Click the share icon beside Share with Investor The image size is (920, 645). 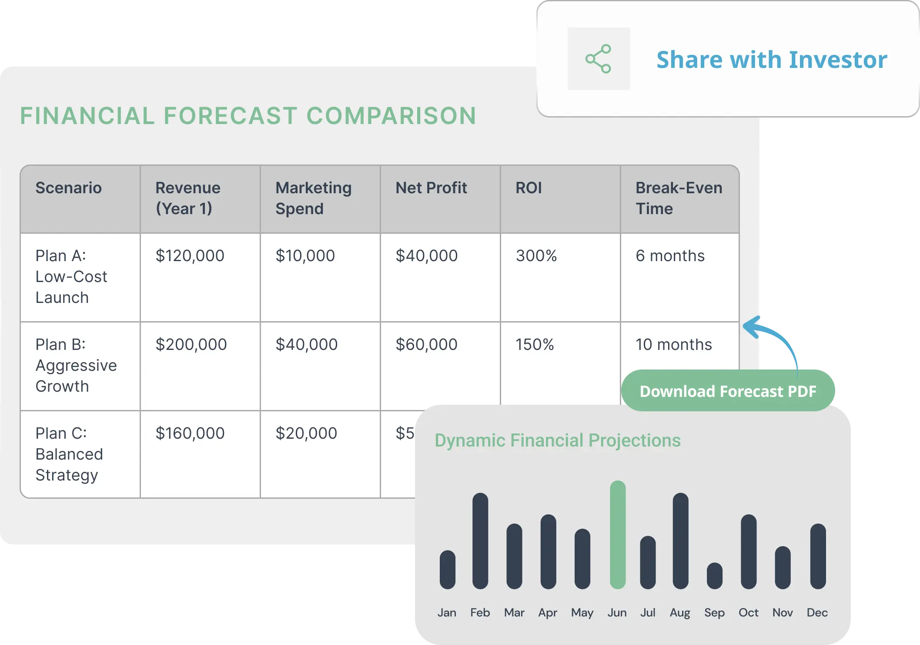click(599, 59)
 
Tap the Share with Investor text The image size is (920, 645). click(772, 60)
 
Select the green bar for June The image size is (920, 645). click(618, 534)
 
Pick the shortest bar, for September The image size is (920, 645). click(715, 576)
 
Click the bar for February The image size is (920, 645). click(480, 541)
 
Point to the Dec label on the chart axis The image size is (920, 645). click(817, 612)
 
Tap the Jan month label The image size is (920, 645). click(447, 612)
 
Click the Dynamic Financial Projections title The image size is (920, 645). click(558, 440)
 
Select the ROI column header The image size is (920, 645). click(529, 188)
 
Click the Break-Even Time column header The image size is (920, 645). click(679, 198)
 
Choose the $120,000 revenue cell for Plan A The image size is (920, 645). click(190, 255)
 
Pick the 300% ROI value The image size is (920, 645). click(536, 255)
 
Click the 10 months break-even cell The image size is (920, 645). click(674, 344)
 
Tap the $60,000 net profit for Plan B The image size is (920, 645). click(426, 344)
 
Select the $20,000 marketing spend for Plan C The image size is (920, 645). click(306, 433)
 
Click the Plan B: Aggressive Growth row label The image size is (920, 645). click(76, 365)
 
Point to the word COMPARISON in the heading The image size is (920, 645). click(391, 116)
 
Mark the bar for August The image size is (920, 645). click(681, 541)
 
